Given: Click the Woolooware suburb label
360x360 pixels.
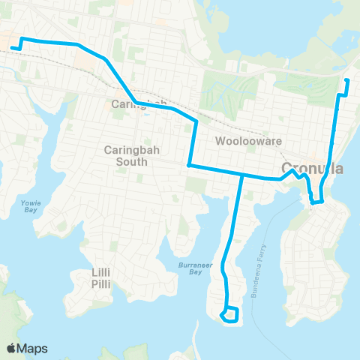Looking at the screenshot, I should tap(237, 141).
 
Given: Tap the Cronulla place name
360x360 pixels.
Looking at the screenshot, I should tap(312, 168).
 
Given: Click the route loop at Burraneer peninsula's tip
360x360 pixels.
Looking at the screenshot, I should tap(230, 314).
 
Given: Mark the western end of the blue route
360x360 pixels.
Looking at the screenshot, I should tap(13, 49).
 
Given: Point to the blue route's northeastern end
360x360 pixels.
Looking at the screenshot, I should tap(346, 79).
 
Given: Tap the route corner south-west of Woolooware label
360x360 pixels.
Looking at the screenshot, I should tap(188, 165).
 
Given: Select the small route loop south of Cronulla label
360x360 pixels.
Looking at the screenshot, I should tap(316, 199).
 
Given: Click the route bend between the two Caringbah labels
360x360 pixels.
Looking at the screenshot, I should tap(136, 103).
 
